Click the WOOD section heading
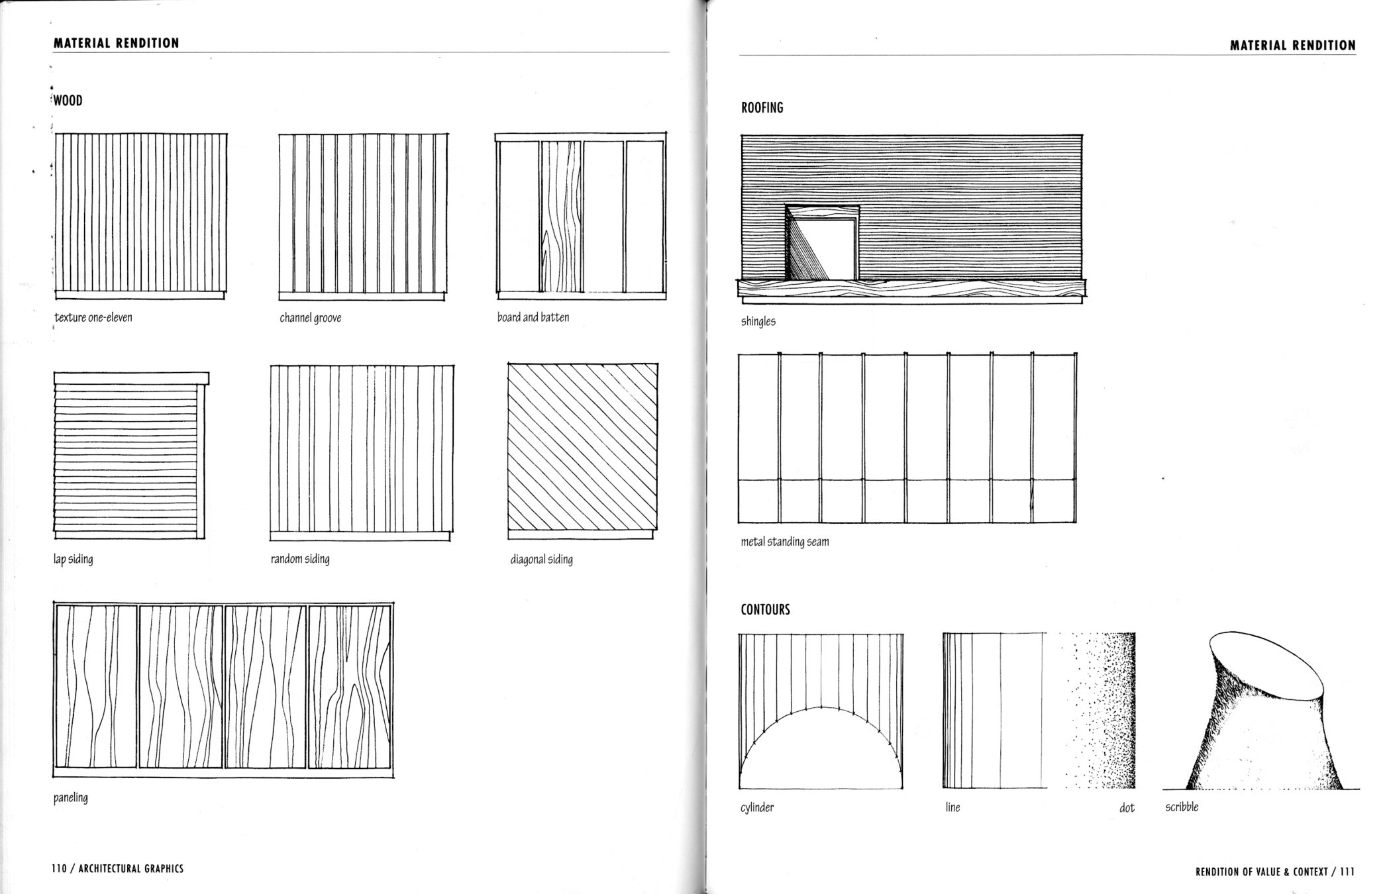[68, 101]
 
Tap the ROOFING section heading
[762, 107]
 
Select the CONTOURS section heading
[765, 609]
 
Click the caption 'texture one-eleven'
[93, 317]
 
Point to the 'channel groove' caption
[310, 318]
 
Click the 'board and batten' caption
[533, 317]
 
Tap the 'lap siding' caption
[73, 559]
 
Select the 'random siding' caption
[299, 559]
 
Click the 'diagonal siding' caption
[541, 560]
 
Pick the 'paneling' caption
[70, 797]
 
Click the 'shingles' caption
[758, 322]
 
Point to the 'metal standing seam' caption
[784, 542]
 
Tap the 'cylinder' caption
[756, 807]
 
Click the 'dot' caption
[1126, 808]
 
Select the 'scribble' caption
[1182, 807]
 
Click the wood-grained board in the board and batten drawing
[561, 219]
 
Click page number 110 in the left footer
[59, 869]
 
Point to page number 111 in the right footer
[1347, 872]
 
